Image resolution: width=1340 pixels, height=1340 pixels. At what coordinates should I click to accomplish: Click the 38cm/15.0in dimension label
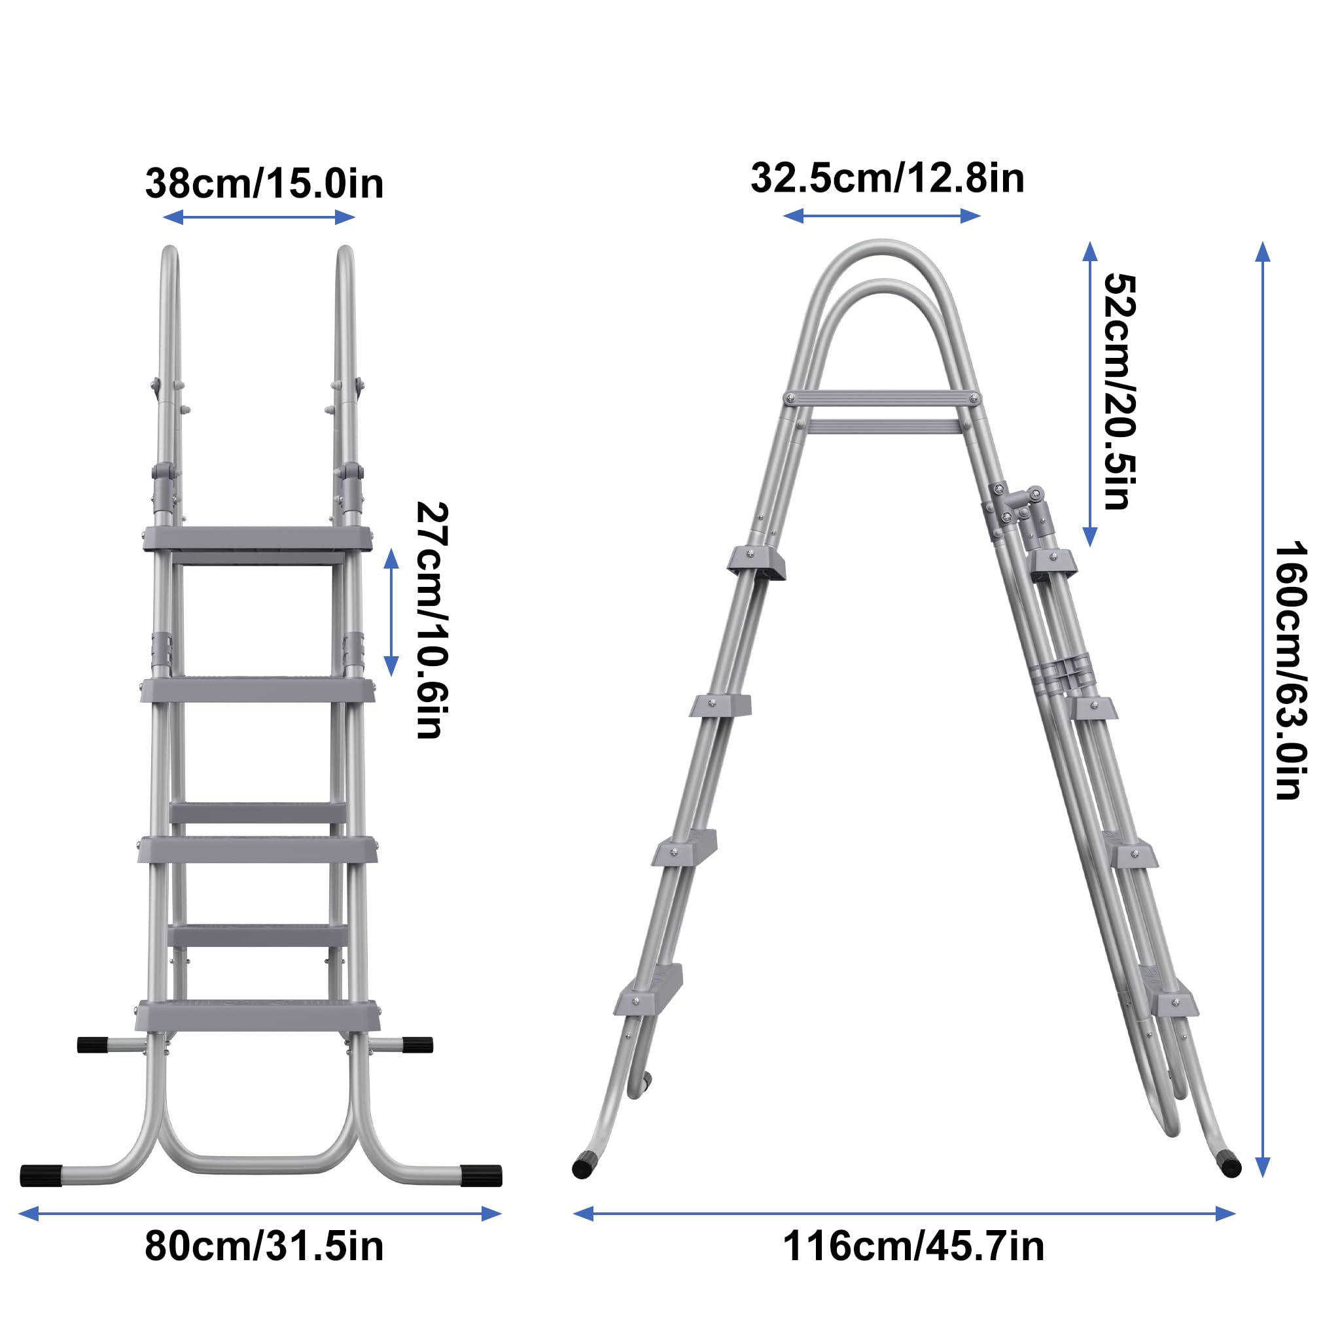pyautogui.click(x=264, y=184)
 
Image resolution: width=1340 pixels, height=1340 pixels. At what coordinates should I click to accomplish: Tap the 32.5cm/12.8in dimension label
pyautogui.click(x=887, y=178)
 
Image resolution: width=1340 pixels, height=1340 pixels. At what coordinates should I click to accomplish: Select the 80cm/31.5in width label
pyautogui.click(x=264, y=1266)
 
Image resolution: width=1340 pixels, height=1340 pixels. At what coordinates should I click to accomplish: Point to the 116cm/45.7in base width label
pyautogui.click(x=913, y=1266)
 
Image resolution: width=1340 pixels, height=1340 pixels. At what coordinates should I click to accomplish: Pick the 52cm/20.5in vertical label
pyautogui.click(x=1120, y=392)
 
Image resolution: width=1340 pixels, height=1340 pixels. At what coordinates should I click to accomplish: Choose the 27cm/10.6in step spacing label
pyautogui.click(x=431, y=621)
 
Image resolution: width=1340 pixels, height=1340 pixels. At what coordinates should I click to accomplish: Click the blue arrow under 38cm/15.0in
pyautogui.click(x=258, y=217)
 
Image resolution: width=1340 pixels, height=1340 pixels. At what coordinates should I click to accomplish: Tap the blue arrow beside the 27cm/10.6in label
pyautogui.click(x=391, y=612)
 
